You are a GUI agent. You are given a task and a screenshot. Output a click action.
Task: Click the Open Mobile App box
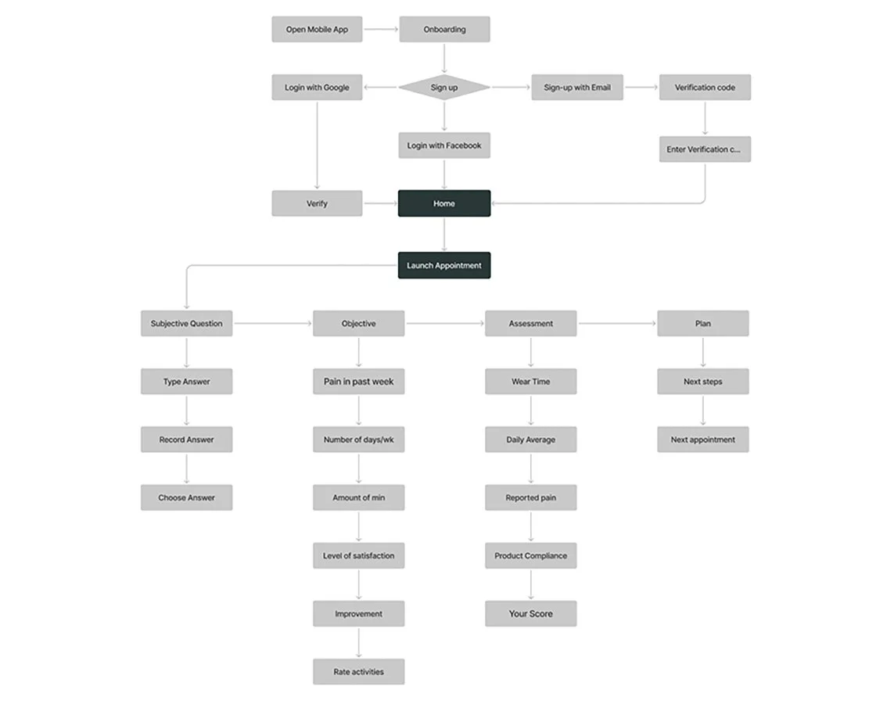[x=317, y=30]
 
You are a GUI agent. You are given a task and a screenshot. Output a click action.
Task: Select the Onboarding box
[x=444, y=30]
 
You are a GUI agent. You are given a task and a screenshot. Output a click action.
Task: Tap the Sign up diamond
[x=444, y=88]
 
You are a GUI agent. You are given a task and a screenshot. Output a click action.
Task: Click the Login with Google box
[x=317, y=88]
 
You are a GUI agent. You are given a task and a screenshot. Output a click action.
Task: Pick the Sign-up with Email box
[x=577, y=88]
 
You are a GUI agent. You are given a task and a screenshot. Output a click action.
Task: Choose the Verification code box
[x=705, y=88]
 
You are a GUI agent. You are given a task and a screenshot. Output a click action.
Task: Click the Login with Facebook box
[x=444, y=145]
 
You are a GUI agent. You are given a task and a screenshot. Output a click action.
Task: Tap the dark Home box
[x=444, y=203]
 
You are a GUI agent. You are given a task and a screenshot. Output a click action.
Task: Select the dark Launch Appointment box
[x=444, y=265]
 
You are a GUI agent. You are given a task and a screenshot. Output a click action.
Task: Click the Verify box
[x=317, y=203]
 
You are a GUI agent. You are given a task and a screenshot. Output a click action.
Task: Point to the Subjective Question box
[x=186, y=324]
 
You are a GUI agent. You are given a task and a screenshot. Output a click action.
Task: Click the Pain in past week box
[x=359, y=382]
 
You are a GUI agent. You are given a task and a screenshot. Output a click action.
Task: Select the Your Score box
[x=530, y=614]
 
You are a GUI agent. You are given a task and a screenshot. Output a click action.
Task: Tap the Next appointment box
[x=702, y=440]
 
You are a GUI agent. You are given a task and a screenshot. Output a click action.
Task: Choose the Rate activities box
[x=359, y=672]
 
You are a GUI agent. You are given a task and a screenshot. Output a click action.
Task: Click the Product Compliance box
[x=530, y=556]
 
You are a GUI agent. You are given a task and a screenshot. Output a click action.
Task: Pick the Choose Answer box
[x=186, y=497]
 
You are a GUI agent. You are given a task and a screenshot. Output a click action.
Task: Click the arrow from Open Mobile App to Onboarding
[x=381, y=30]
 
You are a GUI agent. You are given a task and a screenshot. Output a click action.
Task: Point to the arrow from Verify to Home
[x=380, y=203]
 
